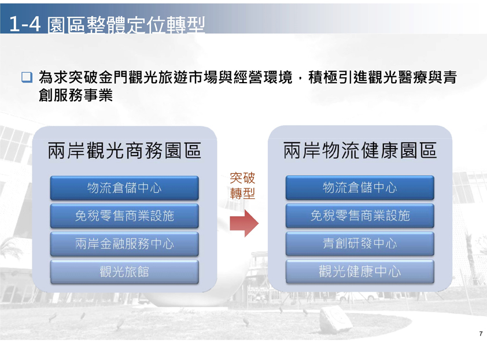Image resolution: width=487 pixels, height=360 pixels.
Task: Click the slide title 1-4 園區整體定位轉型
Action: [107, 24]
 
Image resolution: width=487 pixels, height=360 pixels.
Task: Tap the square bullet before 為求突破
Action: [27, 77]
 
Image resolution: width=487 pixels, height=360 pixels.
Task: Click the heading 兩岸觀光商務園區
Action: [124, 151]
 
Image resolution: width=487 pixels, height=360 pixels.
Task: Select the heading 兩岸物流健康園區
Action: [360, 150]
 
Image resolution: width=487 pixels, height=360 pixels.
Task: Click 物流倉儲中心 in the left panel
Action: [124, 188]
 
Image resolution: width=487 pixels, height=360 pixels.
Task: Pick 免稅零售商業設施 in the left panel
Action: [124, 216]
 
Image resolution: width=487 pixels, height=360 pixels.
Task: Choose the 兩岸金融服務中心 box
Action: [124, 244]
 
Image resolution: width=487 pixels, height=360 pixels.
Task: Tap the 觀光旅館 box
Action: [124, 272]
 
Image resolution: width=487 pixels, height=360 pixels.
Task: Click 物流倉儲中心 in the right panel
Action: [360, 188]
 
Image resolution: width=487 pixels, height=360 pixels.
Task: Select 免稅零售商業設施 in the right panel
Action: [360, 216]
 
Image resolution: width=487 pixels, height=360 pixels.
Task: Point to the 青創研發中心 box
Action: [360, 244]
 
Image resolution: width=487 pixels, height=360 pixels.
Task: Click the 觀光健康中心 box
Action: [360, 272]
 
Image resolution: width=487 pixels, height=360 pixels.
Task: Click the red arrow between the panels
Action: [244, 224]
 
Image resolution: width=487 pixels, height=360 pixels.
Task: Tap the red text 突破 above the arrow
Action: [242, 178]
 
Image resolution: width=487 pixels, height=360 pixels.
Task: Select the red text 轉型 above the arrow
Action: [242, 194]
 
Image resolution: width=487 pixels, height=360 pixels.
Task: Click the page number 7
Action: [481, 334]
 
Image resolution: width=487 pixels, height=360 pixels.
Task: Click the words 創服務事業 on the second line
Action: [75, 95]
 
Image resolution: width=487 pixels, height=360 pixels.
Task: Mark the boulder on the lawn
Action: [336, 320]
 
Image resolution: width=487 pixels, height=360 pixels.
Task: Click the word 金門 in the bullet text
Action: [113, 77]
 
